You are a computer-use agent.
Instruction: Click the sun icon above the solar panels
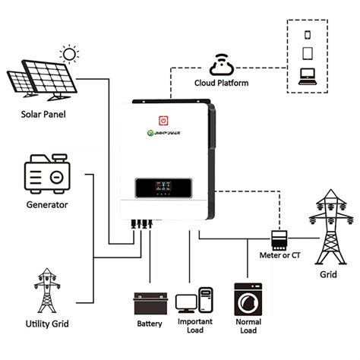(71, 55)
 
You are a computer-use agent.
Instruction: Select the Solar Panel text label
(43, 115)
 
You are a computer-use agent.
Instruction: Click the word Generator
(47, 205)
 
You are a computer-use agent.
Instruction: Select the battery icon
(149, 303)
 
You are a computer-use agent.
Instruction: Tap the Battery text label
(149, 324)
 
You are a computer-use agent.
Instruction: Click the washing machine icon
(248, 299)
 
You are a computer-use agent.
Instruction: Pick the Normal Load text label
(248, 327)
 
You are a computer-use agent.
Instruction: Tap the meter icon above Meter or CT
(279, 238)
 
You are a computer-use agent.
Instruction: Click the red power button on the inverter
(163, 120)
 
